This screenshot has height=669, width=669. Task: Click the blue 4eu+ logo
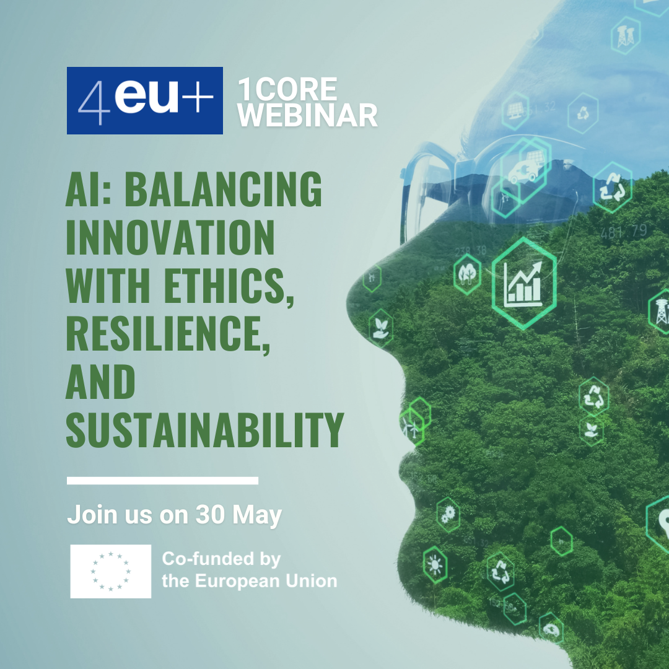tap(144, 101)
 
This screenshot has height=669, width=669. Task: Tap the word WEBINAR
tap(308, 115)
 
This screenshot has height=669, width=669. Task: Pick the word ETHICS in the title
tap(229, 286)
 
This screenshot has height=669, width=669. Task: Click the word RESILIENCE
tap(168, 334)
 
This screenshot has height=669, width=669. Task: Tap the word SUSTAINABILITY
tap(205, 430)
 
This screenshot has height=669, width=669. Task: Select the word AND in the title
tap(101, 382)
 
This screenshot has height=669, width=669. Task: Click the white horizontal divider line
tap(162, 481)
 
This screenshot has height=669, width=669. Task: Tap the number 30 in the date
tap(211, 514)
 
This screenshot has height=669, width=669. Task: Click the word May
tap(257, 516)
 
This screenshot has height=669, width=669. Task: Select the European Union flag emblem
tap(111, 571)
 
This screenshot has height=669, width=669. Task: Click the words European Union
tap(266, 580)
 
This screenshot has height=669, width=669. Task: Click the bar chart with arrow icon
tap(523, 284)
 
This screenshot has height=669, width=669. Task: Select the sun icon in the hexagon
tap(435, 565)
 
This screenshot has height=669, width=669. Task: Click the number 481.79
tap(623, 232)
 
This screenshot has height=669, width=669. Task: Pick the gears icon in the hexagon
tap(448, 515)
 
